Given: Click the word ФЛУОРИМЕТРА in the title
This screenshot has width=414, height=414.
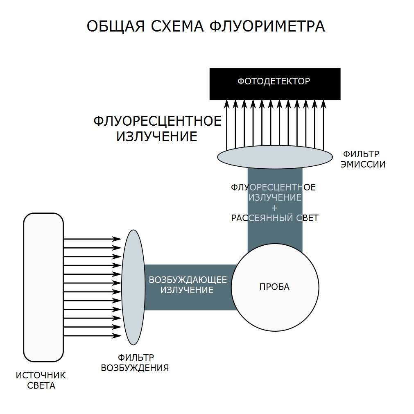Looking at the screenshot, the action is pos(267,26).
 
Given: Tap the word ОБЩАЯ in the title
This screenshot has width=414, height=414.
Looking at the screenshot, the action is pos(115,27).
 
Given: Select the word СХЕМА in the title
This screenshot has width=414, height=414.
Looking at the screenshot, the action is pos(177,26).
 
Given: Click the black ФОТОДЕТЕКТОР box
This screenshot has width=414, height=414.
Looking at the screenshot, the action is pos(275,84).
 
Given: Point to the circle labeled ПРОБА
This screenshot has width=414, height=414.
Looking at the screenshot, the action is pos(275,287).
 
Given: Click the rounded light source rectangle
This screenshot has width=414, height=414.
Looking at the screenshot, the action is pos(43,287).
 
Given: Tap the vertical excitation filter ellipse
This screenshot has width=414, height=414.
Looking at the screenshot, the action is pos(133,287).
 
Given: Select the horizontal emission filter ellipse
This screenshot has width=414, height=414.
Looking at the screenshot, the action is pos(275,157).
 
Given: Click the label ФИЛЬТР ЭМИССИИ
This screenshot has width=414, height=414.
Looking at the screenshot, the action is pos(363,159).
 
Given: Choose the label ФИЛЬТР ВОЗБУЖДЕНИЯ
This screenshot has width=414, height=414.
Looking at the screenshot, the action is pos(135,362).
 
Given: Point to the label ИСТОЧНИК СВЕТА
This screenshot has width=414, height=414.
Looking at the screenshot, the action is pos(41,380).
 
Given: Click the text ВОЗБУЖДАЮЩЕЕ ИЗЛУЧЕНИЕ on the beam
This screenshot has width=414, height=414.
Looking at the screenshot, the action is pos(188,285).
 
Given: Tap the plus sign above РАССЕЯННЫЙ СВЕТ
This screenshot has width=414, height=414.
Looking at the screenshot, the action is pos(275,208).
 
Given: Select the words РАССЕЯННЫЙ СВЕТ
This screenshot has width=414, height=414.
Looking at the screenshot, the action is pos(275,218).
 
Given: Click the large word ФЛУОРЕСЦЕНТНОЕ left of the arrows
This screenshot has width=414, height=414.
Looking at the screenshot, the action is pos(157,121).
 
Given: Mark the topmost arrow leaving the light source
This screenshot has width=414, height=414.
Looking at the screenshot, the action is pos(92,239).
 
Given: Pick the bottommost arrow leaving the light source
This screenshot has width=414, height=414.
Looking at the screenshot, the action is pos(92,336).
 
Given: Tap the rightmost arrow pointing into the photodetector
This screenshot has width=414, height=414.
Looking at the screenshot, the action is pos(323,125).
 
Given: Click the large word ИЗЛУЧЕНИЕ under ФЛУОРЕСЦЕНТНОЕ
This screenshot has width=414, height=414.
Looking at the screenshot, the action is pos(157,136).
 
